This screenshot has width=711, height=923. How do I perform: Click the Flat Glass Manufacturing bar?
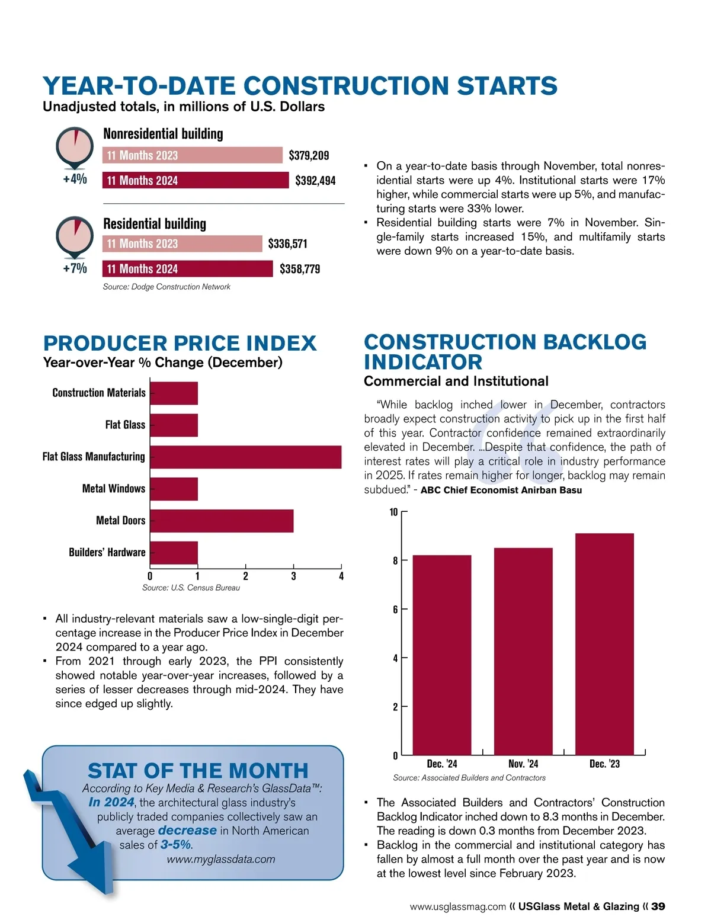[245, 457]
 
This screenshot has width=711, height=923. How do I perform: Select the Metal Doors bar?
[222, 521]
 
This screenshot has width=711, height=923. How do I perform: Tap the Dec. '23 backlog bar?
[604, 644]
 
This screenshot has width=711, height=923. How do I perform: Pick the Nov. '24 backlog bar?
[523, 651]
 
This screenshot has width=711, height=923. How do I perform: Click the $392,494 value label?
[315, 181]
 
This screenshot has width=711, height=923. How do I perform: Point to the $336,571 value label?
[287, 243]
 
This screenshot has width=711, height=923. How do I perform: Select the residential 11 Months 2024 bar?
[187, 269]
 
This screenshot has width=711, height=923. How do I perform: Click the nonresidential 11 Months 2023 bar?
[193, 155]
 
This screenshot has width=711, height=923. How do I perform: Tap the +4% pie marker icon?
[75, 146]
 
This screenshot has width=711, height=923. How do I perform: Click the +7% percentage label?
[75, 268]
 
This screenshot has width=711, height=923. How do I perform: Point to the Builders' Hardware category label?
[107, 552]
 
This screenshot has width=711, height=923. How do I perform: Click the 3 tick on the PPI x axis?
[293, 576]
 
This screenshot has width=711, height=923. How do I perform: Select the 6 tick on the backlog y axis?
[395, 610]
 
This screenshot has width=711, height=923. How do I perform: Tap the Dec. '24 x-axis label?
[442, 764]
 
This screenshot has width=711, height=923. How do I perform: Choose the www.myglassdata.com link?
[221, 859]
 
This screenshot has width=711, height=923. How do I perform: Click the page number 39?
[658, 906]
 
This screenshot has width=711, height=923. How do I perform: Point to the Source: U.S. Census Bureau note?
[191, 588]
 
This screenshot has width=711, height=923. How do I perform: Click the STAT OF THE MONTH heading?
[198, 770]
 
